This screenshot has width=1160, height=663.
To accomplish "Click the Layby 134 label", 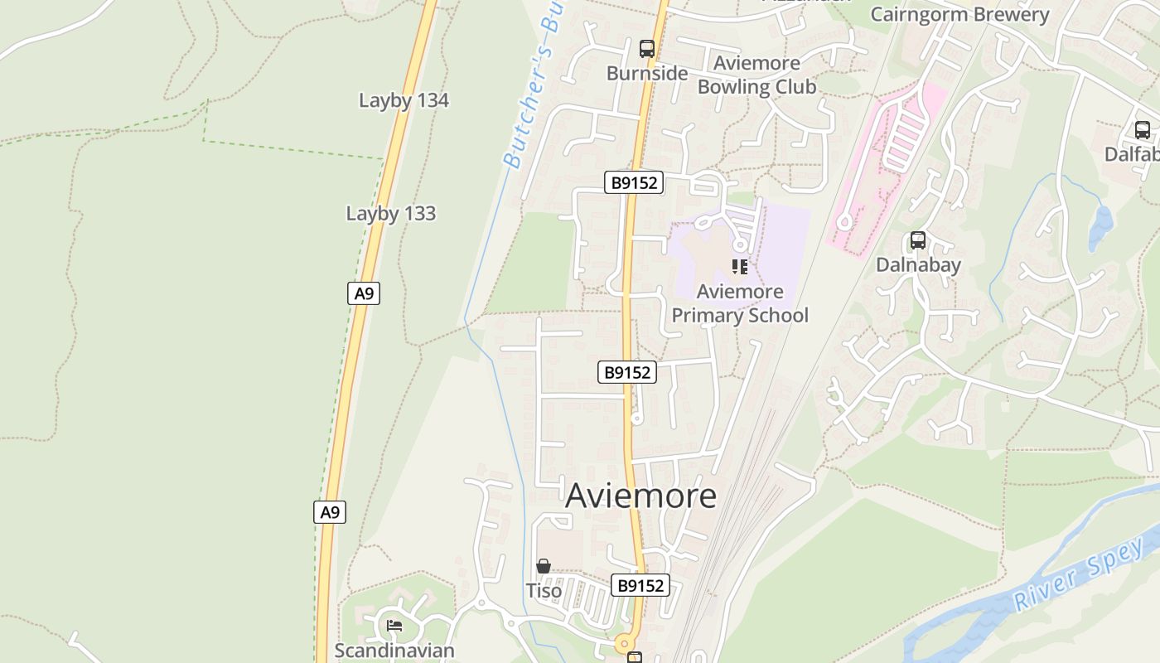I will [x=404, y=100].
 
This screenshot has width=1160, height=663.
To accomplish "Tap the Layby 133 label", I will [x=390, y=213].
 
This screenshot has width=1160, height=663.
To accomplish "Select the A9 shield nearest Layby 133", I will [x=363, y=293].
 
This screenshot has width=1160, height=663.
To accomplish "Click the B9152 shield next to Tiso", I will [x=640, y=585].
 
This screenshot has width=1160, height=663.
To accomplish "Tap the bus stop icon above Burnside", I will [x=647, y=49].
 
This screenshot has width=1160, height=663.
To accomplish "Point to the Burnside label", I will [x=647, y=73].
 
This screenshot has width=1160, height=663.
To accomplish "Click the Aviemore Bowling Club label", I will [x=756, y=75].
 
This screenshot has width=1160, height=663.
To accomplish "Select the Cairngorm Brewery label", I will [x=959, y=14].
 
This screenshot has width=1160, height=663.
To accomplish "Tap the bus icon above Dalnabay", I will [x=918, y=240].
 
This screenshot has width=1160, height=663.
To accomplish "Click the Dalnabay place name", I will [x=918, y=264].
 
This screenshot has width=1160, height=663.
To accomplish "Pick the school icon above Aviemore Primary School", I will [x=740, y=267].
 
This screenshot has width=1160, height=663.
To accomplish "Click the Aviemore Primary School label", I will [x=740, y=303].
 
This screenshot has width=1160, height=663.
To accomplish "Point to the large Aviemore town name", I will [x=640, y=496].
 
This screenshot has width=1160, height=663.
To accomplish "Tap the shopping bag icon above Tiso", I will [x=544, y=567].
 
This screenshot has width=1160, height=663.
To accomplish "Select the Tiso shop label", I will [x=544, y=591].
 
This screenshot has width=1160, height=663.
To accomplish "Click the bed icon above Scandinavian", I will [x=394, y=625].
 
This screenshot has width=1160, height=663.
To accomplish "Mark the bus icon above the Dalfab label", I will [x=1143, y=130].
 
